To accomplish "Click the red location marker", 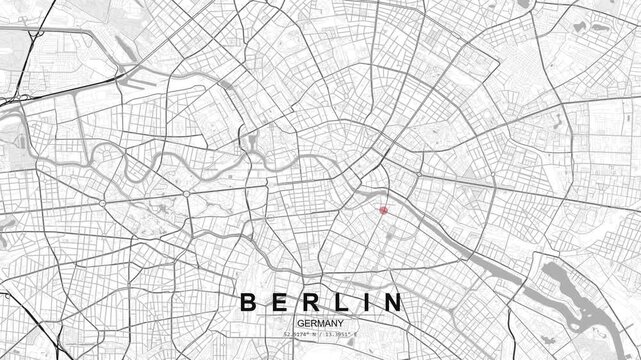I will [x=383, y=210].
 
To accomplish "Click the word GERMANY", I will [x=320, y=323].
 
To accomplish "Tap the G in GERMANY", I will [x=299, y=323].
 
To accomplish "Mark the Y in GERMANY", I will [x=341, y=323].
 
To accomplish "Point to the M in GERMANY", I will [x=320, y=323].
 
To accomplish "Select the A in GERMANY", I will [x=327, y=323].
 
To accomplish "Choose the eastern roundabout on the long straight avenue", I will [x=186, y=193].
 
